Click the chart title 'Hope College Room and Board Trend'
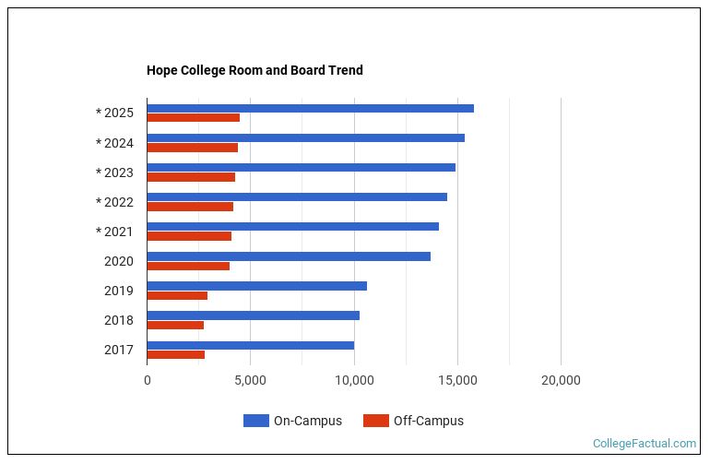point(254,70)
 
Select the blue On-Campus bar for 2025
point(310,108)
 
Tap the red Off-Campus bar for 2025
point(193,118)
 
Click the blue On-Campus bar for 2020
point(289,256)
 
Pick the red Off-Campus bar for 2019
point(177,295)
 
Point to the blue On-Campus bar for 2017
point(250,345)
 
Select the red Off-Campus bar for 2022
point(190,207)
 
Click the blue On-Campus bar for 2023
point(301,167)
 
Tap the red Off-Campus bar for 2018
point(175,325)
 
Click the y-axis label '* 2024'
point(114,143)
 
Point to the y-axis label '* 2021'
point(114,232)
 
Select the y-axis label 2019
point(118,291)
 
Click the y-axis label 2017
point(118,350)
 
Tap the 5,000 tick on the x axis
point(250,380)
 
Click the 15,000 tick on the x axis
point(456,380)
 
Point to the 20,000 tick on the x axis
point(560,380)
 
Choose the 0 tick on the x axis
point(147,380)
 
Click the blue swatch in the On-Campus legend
point(255,421)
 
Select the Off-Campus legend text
point(428,421)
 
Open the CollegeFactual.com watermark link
point(644,444)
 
